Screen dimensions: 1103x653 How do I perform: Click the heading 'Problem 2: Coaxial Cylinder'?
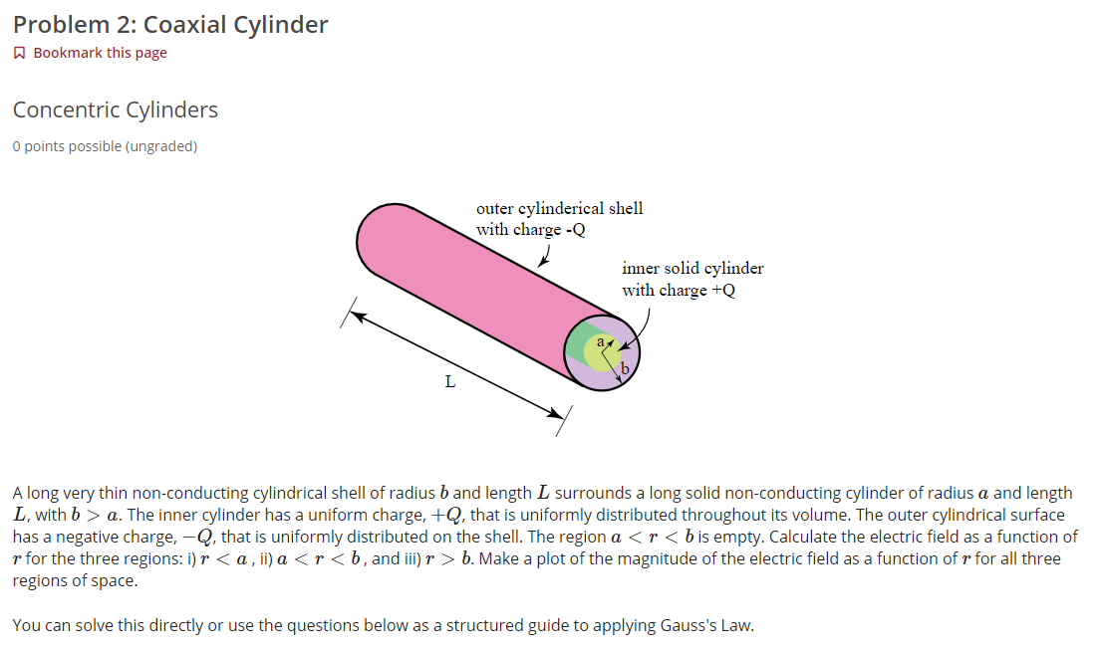(170, 25)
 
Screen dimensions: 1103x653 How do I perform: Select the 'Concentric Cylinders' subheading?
(116, 109)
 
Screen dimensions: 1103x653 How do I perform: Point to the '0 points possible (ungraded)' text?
(105, 146)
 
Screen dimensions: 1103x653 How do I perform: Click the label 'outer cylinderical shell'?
(559, 208)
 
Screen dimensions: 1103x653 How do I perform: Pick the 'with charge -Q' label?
(530, 229)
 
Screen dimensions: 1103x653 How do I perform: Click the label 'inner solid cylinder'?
(692, 268)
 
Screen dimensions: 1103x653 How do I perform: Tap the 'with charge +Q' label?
(679, 290)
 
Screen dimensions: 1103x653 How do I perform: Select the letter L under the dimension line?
(450, 381)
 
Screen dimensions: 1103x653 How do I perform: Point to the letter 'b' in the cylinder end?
(625, 370)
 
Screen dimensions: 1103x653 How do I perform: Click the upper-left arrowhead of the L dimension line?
(358, 316)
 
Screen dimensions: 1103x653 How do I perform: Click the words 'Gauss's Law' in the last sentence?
(707, 626)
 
